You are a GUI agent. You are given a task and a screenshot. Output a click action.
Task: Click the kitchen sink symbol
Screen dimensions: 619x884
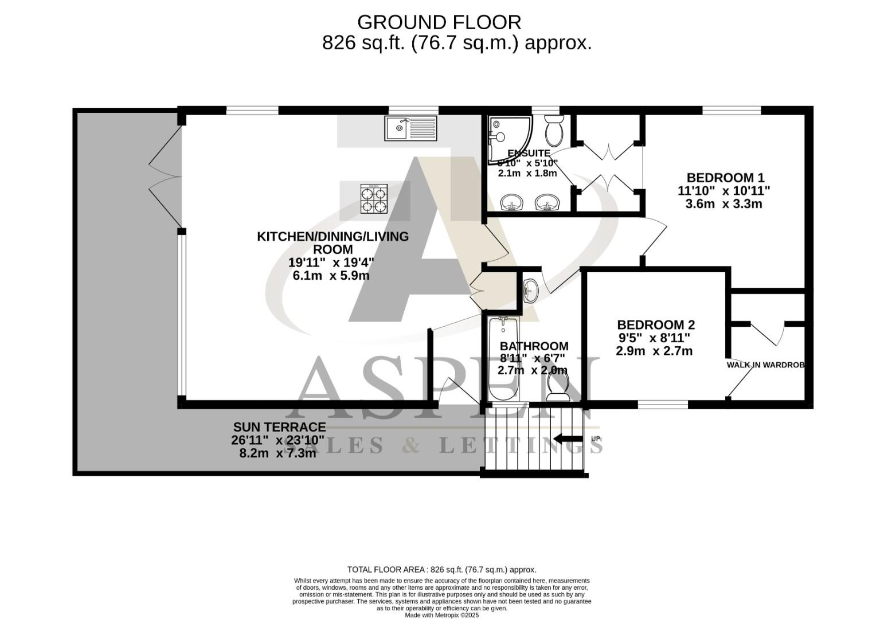(x=410, y=128)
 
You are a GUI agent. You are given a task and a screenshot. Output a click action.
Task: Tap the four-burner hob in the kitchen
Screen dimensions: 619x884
(x=373, y=199)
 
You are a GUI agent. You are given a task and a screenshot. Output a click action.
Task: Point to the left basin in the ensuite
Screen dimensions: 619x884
(x=511, y=202)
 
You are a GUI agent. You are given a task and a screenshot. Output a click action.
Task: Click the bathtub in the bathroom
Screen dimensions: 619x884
(x=503, y=358)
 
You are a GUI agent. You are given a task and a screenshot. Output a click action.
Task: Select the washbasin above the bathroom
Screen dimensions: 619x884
(x=530, y=291)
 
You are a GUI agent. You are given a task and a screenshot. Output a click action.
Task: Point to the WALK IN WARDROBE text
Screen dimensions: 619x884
(x=765, y=365)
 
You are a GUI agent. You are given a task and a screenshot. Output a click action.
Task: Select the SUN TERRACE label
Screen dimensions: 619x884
(x=279, y=427)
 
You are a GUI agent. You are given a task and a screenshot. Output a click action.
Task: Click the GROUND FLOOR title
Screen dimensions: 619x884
(x=439, y=22)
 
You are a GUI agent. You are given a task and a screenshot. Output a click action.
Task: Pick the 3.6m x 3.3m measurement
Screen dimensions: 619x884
(x=723, y=203)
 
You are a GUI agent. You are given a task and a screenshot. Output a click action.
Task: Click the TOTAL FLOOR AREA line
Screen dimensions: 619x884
(x=441, y=570)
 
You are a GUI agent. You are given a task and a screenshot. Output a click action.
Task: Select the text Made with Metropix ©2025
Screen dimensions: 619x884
(x=441, y=615)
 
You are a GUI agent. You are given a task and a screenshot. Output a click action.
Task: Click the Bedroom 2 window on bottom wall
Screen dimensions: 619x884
(x=663, y=404)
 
